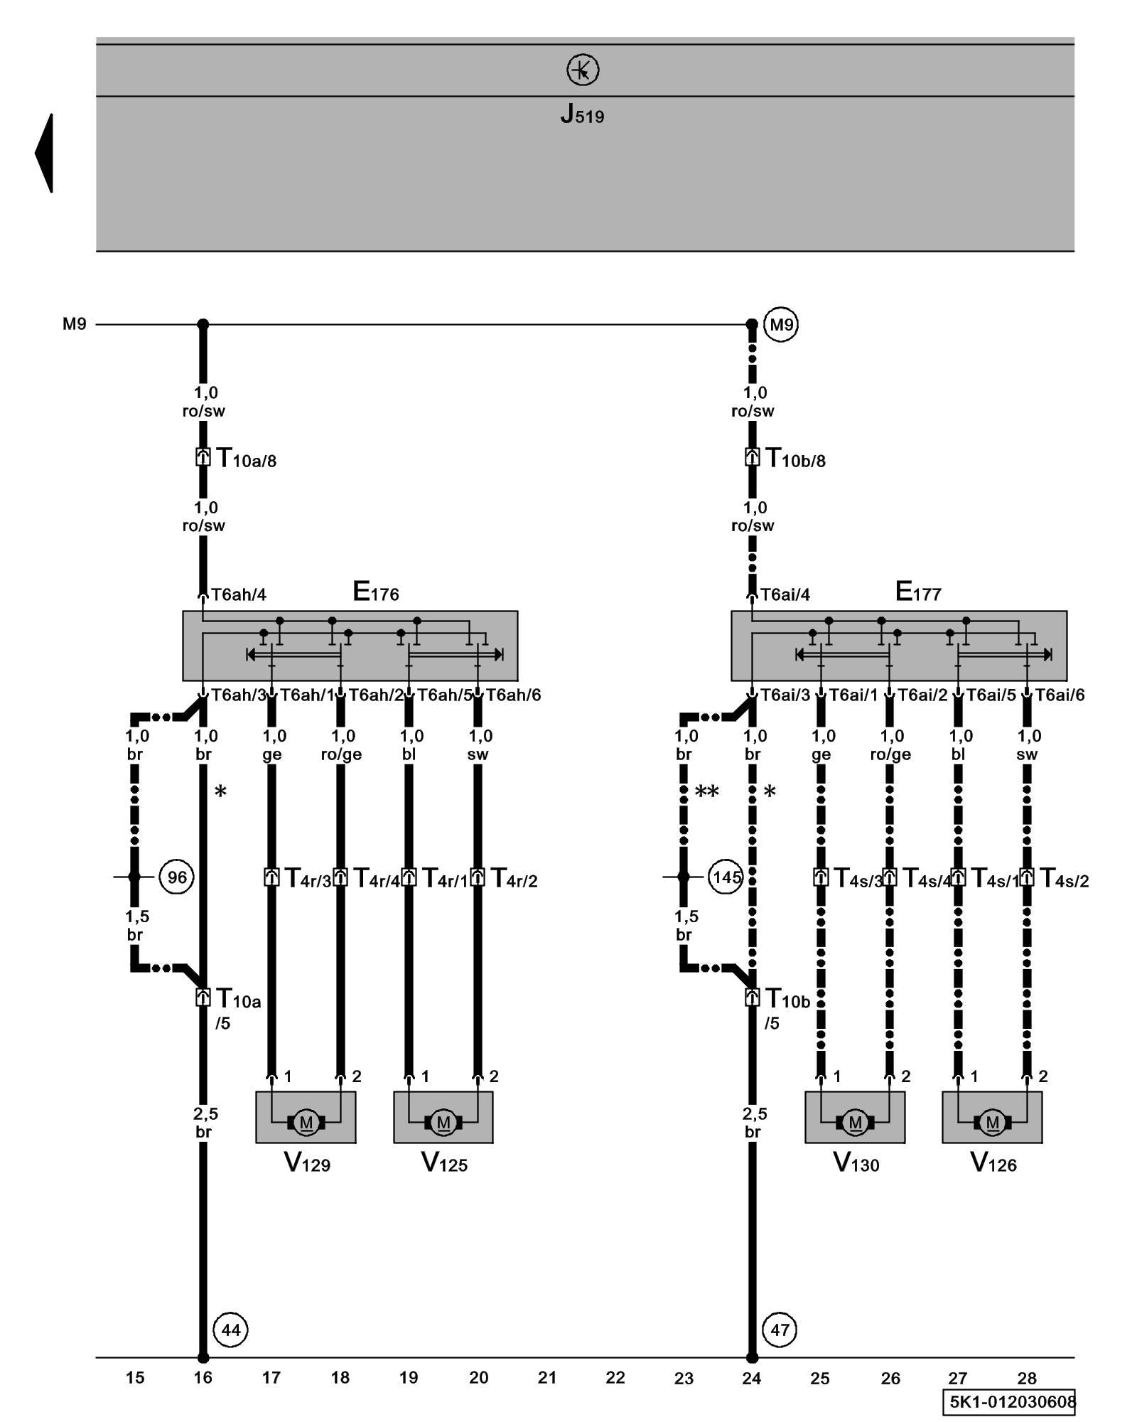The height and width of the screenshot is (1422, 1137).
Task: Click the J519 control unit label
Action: (582, 114)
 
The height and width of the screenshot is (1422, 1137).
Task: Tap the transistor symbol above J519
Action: (583, 70)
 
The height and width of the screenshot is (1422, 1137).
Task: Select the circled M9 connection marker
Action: (780, 325)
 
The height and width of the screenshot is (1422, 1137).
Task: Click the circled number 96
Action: (176, 877)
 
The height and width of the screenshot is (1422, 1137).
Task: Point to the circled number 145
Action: (726, 877)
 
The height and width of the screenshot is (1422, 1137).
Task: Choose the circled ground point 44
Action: (231, 1330)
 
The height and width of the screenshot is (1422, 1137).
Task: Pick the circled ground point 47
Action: (780, 1330)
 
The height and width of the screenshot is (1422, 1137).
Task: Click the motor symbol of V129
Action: (306, 1123)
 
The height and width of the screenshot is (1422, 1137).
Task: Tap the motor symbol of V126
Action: (993, 1123)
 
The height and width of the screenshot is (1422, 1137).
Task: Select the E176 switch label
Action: (375, 592)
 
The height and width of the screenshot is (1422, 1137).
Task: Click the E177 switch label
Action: (918, 592)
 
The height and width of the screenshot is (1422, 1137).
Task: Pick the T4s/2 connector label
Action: (1064, 879)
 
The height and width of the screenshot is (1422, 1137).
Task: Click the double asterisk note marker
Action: (707, 791)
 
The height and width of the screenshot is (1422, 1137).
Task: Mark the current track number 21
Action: (547, 1378)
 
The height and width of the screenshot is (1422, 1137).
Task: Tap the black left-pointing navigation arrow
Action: (45, 153)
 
